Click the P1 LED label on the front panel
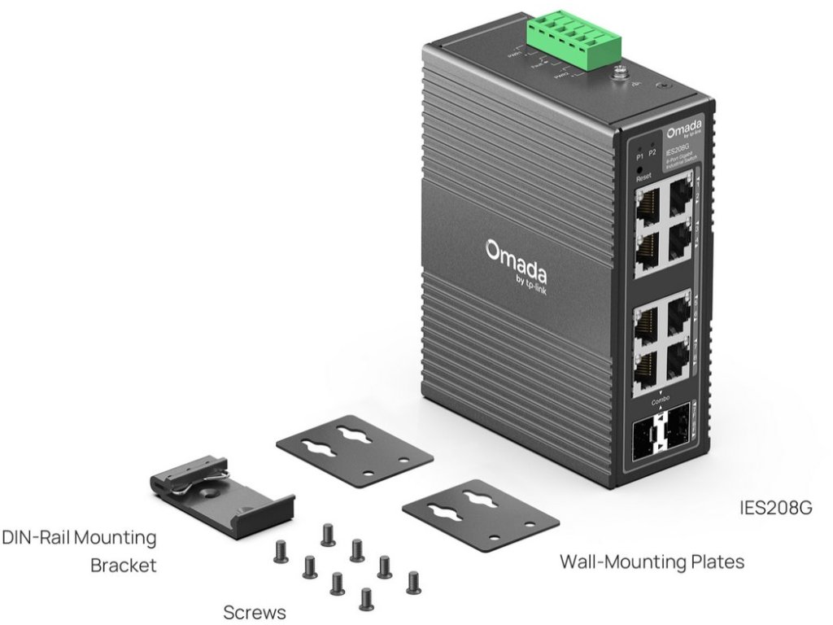pyautogui.click(x=640, y=155)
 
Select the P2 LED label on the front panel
pyautogui.click(x=652, y=153)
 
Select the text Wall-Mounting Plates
pyautogui.click(x=652, y=562)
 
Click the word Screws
pyautogui.click(x=255, y=612)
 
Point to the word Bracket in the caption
pyautogui.click(x=123, y=564)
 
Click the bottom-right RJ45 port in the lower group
pyautogui.click(x=676, y=365)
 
